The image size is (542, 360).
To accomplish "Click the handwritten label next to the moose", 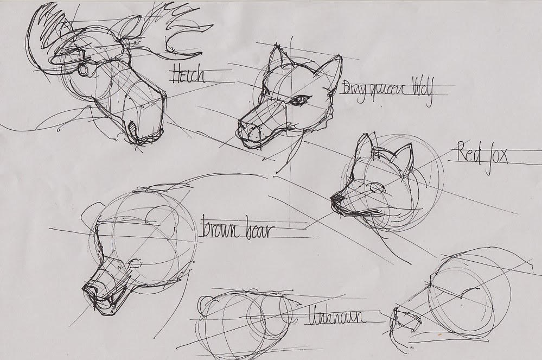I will pyautogui.click(x=187, y=74).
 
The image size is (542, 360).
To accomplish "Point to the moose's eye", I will pyautogui.click(x=82, y=70).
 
